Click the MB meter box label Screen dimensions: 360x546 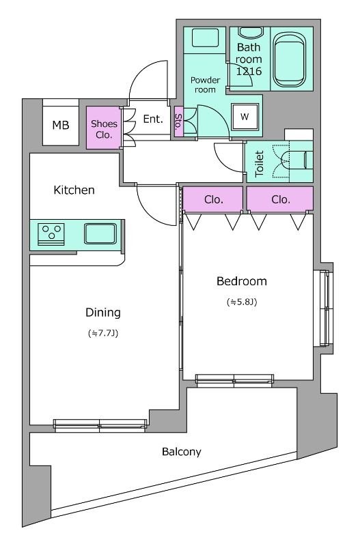point(61,125)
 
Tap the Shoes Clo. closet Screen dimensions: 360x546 point(104,128)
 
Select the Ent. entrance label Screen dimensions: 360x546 point(153,119)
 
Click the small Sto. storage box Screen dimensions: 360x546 point(178,121)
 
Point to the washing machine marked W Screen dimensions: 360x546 point(245,117)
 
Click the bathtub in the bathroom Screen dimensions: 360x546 point(289,59)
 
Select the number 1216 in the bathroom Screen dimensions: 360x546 point(249,72)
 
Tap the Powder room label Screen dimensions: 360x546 point(205,85)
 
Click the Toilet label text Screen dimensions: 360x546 point(260,163)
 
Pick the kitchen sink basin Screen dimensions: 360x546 point(100,233)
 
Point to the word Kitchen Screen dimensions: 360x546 point(74,190)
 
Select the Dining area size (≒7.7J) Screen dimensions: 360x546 point(103,333)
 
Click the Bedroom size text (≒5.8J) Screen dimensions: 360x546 point(242,302)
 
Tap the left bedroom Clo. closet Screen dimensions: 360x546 point(213,199)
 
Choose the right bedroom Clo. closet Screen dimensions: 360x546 point(280,199)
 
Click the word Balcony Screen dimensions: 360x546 point(182,452)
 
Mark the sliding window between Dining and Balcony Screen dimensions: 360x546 point(100,425)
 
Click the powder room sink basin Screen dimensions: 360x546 point(205,38)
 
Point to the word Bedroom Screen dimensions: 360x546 point(242,281)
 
